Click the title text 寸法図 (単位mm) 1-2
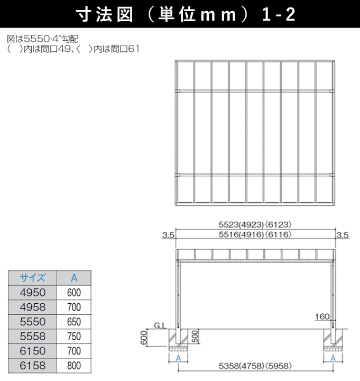tap(180, 14)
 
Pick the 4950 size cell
tap(32, 292)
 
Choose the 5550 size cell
tap(32, 321)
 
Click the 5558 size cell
tap(32, 336)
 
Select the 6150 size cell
tap(32, 350)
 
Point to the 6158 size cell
tap(32, 365)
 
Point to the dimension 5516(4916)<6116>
tap(255, 234)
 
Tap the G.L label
tap(160, 325)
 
